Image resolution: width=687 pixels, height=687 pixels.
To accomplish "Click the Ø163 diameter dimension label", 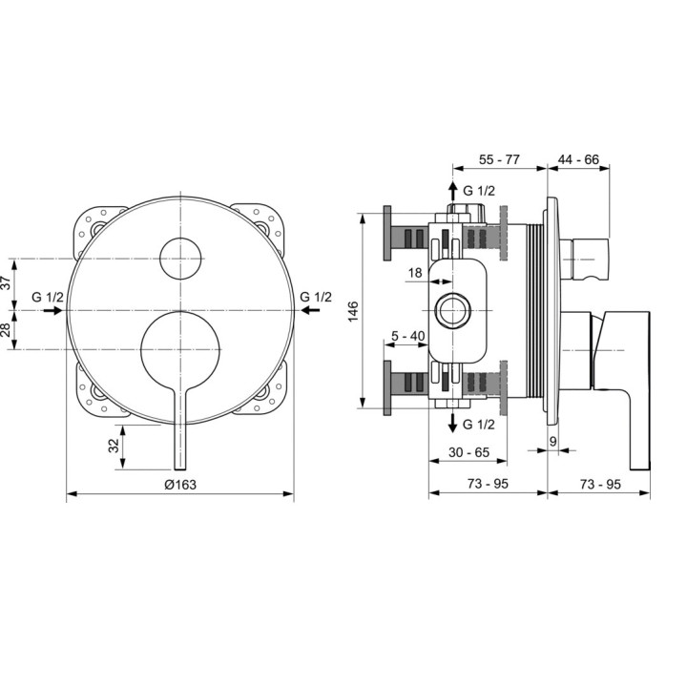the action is tap(180, 485).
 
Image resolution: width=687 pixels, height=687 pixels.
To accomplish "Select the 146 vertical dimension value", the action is tap(353, 311).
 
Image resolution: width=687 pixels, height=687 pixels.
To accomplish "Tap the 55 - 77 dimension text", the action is tap(499, 159).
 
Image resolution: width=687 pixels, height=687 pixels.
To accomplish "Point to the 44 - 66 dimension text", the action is tap(578, 159).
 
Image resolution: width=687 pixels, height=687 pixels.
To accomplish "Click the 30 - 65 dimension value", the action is tap(468, 452).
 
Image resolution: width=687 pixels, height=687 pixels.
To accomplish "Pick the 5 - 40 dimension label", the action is tap(408, 336).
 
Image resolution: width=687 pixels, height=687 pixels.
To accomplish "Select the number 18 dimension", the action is tap(415, 273).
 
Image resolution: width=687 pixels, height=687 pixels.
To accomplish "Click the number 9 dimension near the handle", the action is tap(552, 441).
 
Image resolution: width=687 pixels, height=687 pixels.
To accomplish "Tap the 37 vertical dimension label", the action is tap(6, 282).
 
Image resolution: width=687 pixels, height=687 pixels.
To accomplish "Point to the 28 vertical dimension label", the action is tap(6, 330).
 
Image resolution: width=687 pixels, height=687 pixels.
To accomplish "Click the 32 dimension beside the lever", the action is tap(114, 446).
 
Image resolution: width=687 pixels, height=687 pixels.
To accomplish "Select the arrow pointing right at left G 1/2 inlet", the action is tap(52, 311).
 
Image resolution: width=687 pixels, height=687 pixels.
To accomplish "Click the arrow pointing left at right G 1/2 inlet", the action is tap(311, 310).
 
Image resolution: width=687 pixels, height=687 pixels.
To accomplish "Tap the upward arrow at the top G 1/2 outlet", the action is tap(453, 192).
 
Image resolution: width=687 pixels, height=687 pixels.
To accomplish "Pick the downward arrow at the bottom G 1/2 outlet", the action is tap(452, 423).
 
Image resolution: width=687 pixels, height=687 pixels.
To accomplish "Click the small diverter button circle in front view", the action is tap(180, 259).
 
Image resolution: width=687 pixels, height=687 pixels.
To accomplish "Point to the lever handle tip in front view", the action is tap(180, 468).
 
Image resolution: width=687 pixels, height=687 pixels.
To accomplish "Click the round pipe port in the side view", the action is tap(453, 311).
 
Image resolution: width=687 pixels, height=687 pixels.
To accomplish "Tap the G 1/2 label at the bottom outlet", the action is tap(478, 424).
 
